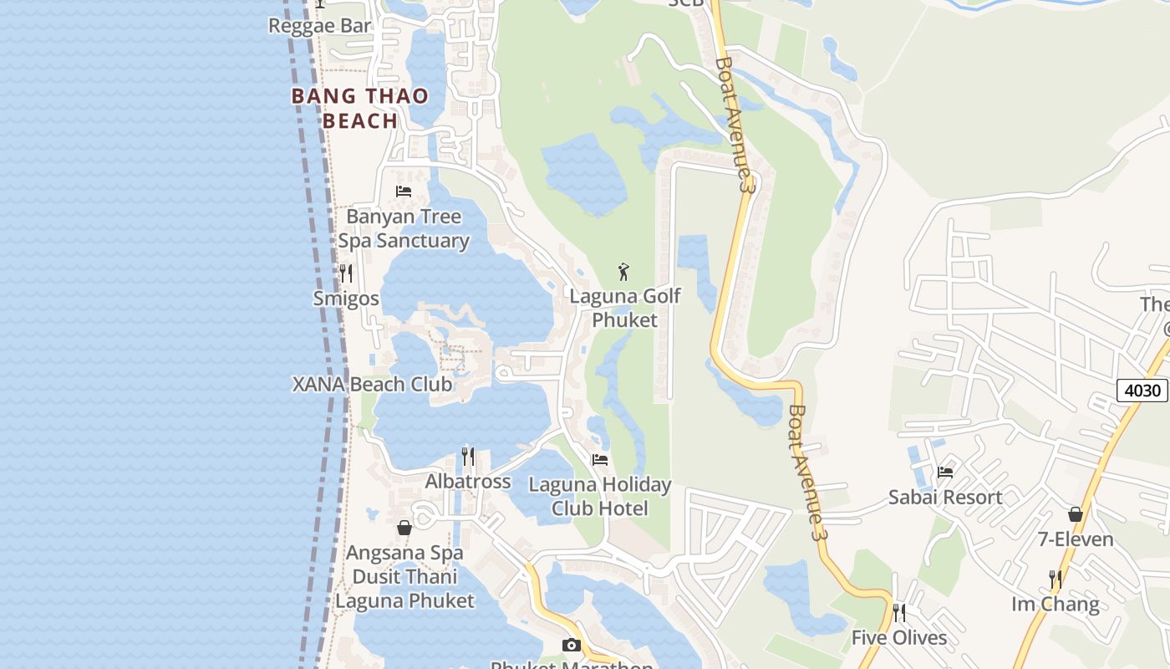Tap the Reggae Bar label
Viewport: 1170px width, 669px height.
(320, 26)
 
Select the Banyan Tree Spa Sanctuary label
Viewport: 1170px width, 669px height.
(404, 228)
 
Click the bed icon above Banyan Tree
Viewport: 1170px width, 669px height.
(404, 192)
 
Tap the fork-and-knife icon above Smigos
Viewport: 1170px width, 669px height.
(346, 273)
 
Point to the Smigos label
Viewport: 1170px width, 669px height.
(346, 299)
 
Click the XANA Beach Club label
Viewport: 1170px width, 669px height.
(372, 385)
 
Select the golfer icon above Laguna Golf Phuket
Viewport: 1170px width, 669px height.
(623, 272)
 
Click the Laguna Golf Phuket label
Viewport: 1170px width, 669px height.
(625, 308)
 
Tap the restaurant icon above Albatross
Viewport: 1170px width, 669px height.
(468, 457)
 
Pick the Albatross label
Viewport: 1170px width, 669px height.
(468, 482)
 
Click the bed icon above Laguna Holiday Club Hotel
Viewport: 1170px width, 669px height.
(600, 459)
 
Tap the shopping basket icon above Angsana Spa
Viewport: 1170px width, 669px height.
(404, 528)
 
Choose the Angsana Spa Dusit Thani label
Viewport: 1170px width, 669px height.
(405, 577)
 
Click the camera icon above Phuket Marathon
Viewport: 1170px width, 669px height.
(572, 645)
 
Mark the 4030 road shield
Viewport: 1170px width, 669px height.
(1142, 391)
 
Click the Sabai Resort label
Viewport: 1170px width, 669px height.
(945, 498)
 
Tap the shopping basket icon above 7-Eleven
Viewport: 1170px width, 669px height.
(1076, 514)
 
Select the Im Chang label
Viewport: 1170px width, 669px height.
(1056, 604)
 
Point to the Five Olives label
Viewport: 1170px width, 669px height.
(899, 638)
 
